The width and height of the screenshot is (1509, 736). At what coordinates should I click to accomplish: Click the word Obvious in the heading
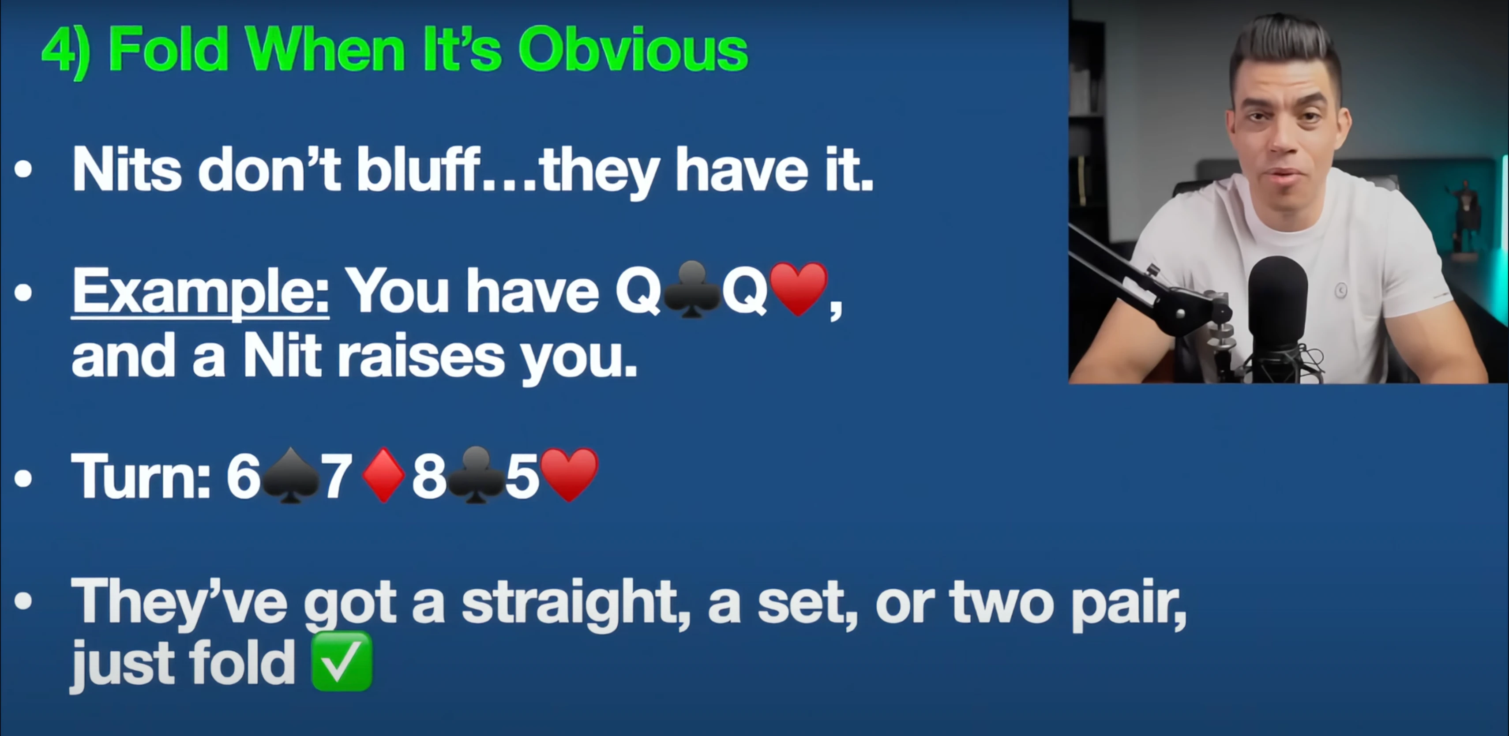point(633,50)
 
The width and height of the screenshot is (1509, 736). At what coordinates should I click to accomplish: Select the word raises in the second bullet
point(420,356)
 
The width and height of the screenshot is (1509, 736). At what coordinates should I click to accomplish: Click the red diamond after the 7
point(384,475)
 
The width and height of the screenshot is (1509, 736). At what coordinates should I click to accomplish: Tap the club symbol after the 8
point(476,475)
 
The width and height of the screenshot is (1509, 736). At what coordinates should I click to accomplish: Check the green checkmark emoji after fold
point(342,661)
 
